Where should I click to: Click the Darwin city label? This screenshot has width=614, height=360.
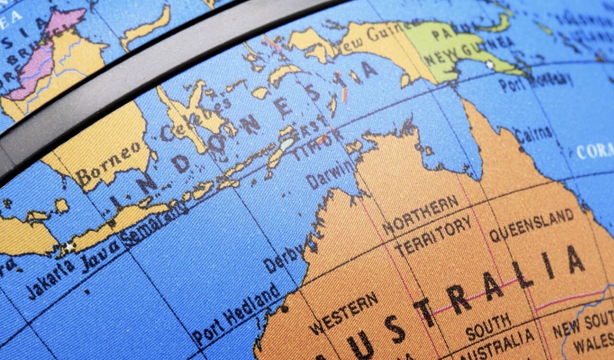(x=331, y=175)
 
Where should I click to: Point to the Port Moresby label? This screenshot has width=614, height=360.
(x=535, y=82)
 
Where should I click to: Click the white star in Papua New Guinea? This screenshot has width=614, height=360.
(x=489, y=64)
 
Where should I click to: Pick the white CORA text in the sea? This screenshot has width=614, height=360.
(x=594, y=151)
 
